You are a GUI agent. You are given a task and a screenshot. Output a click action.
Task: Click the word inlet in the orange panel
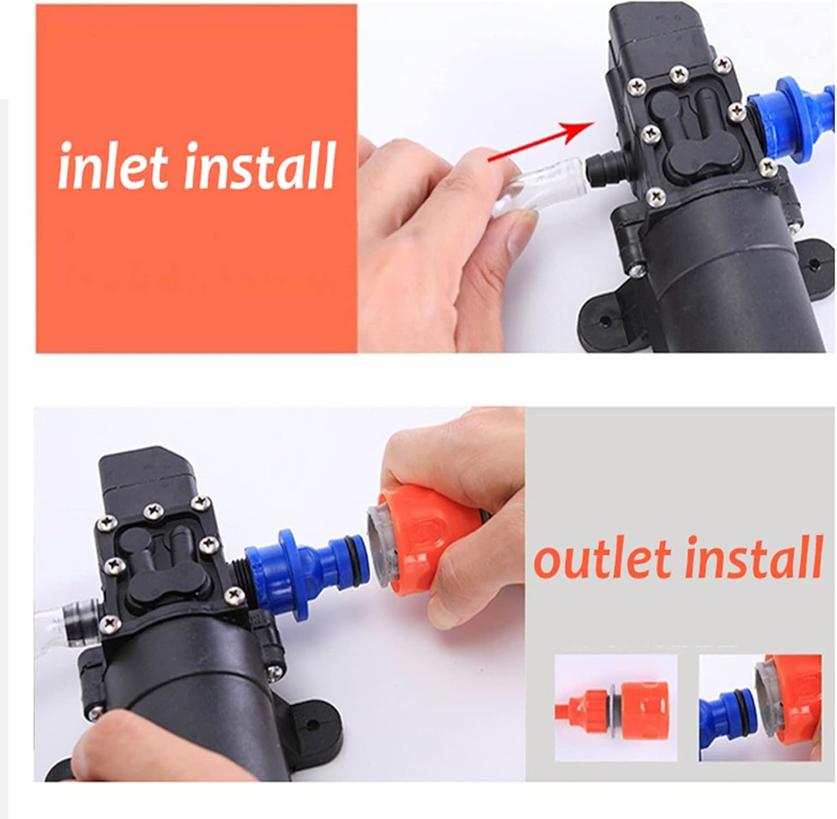(113, 166)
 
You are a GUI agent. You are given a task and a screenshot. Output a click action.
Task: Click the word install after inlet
(261, 166)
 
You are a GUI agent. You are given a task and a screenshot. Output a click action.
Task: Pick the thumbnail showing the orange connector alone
(616, 708)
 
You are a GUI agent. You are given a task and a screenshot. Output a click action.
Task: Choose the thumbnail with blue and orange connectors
(760, 708)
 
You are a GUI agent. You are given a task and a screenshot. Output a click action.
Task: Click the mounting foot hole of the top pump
(604, 321)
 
